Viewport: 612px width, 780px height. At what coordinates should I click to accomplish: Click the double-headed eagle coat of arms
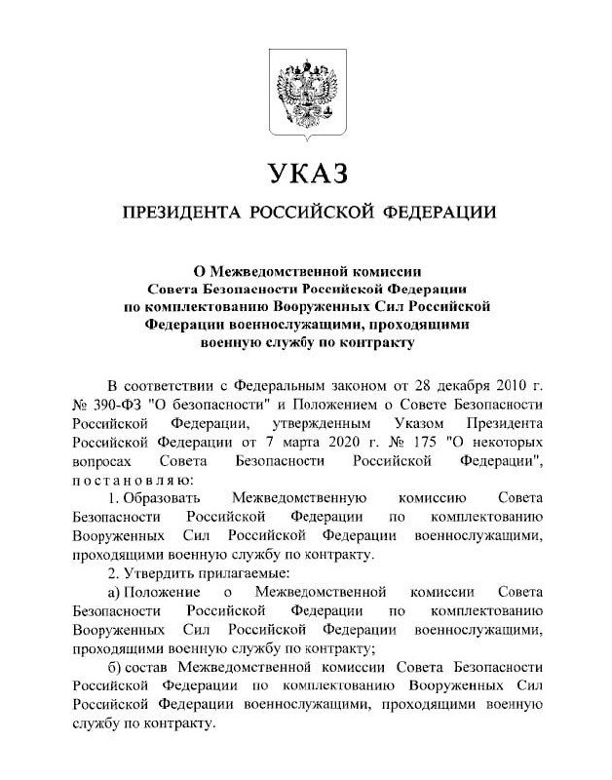click(306, 97)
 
